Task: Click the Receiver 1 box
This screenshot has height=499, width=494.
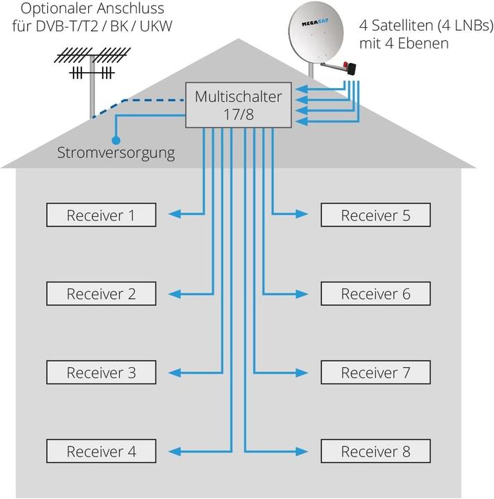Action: pos(101,215)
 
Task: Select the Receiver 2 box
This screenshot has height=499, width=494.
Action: pos(101,294)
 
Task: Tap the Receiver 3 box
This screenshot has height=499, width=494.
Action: pos(101,373)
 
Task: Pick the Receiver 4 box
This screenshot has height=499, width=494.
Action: pos(101,452)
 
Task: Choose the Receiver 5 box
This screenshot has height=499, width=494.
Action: pos(375,215)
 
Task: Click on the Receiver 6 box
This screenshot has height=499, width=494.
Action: pos(375,294)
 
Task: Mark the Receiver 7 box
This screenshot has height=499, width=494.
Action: pos(375,373)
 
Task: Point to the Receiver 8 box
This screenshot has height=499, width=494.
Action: pos(375,452)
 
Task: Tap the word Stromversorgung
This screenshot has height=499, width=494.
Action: pos(116,152)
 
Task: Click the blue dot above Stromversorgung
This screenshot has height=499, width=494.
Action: pos(117,139)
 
